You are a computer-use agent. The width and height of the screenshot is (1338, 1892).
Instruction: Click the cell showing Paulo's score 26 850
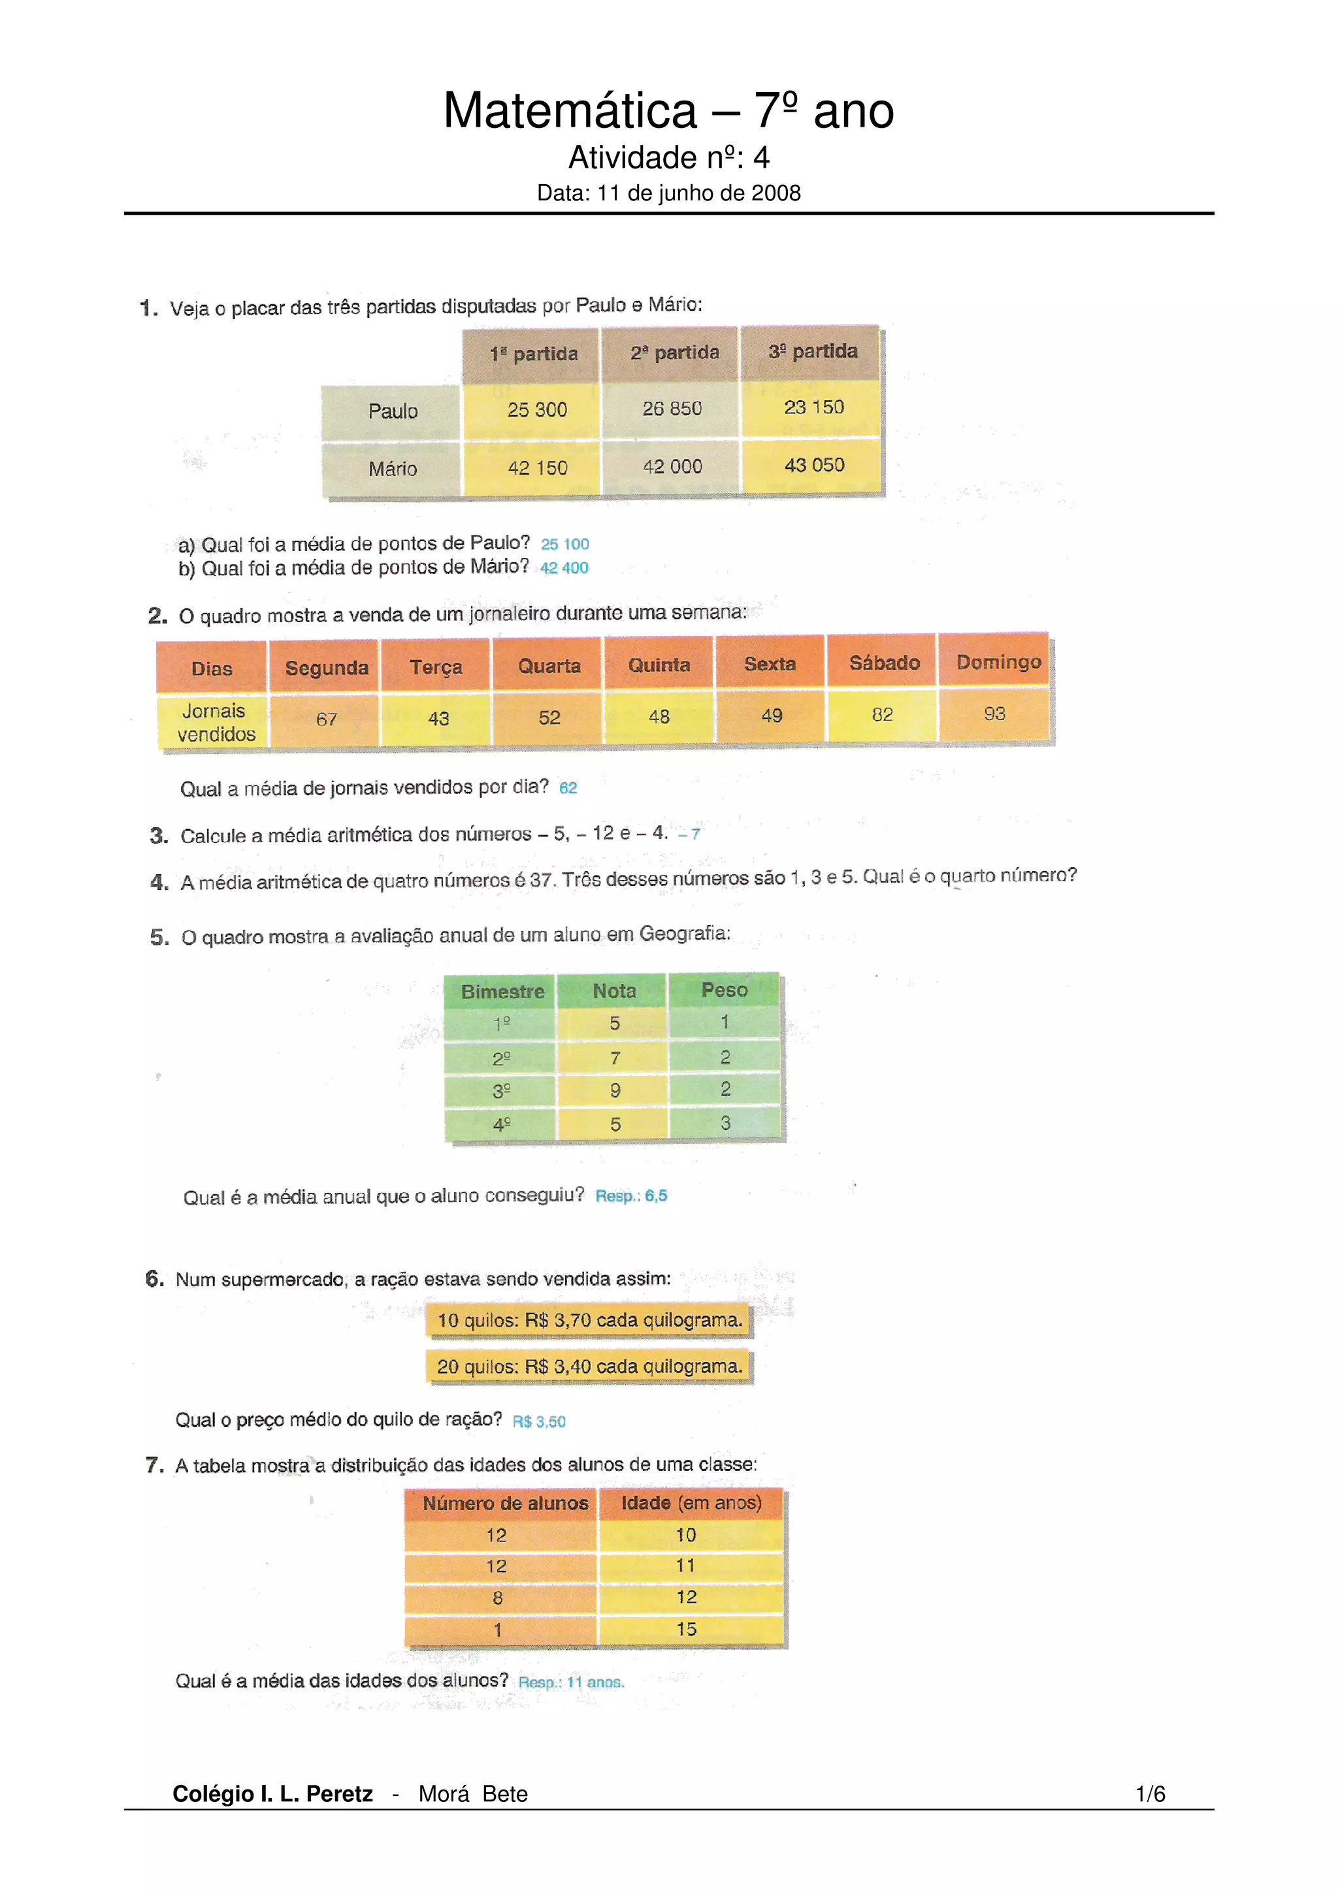672,409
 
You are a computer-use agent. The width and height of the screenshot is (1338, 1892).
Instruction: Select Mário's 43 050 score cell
813,465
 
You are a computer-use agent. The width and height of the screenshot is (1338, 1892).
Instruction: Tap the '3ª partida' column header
812,352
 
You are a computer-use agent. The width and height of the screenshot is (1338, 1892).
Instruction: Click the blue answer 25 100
564,544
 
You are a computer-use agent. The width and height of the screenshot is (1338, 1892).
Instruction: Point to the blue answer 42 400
564,568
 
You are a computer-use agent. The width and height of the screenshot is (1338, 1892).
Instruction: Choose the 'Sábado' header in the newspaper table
884,663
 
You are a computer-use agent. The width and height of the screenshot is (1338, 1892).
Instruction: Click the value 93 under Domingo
994,714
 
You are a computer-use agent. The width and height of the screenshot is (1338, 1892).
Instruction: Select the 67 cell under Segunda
327,719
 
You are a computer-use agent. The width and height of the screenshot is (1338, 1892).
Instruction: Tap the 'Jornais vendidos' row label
214,723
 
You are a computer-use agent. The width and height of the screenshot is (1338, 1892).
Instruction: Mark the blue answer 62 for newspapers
568,788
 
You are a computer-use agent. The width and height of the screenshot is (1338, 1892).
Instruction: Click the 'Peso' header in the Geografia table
724,990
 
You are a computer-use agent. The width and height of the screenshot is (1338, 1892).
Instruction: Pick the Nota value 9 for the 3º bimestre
615,1091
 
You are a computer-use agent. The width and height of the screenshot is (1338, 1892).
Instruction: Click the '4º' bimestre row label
501,1124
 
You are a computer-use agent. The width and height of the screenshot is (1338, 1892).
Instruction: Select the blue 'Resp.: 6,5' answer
632,1195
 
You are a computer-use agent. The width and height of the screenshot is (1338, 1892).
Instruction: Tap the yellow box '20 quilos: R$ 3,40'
589,1366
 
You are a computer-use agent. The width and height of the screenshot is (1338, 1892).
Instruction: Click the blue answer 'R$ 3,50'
539,1421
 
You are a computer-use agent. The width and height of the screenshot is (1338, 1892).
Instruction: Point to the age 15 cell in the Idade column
687,1629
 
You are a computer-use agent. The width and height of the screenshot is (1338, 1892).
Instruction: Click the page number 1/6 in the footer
1150,1794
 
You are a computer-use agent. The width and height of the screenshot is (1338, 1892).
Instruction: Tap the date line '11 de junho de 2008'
668,193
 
